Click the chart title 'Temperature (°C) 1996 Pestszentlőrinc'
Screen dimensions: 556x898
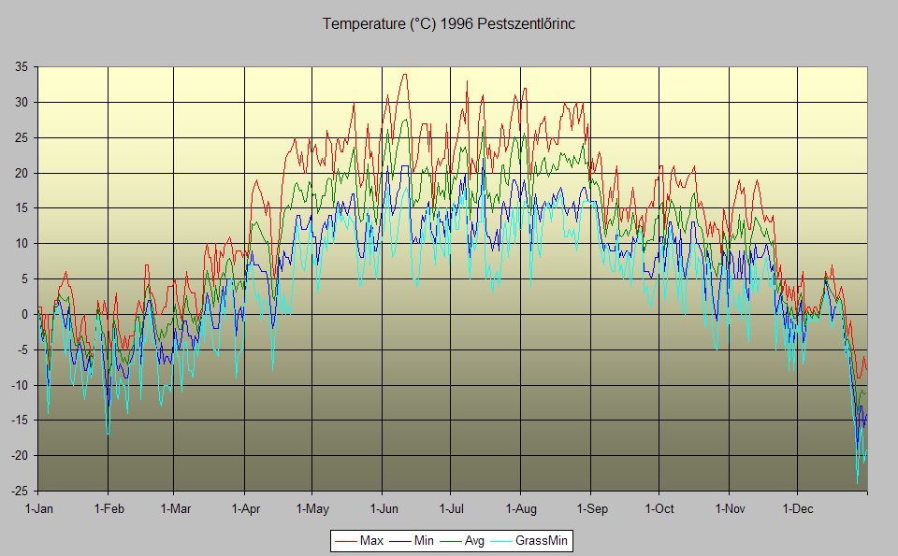(x=449, y=24)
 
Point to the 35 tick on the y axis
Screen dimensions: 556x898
(x=20, y=67)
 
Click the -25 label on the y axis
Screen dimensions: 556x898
(x=18, y=491)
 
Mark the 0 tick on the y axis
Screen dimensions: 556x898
(x=23, y=314)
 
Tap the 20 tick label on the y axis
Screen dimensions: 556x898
(x=20, y=173)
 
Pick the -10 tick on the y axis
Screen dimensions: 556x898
(x=18, y=385)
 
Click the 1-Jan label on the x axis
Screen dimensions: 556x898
(x=39, y=509)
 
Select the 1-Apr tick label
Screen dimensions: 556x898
(x=245, y=509)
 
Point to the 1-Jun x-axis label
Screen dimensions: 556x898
(x=382, y=509)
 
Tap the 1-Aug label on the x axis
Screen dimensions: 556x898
(x=520, y=509)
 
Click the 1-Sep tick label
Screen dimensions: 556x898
(x=590, y=509)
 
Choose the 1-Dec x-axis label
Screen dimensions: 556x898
(x=797, y=509)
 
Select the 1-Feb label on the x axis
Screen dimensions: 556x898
(x=109, y=509)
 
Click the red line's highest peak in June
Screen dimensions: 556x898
(x=404, y=75)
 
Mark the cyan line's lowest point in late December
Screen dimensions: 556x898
(x=857, y=482)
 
